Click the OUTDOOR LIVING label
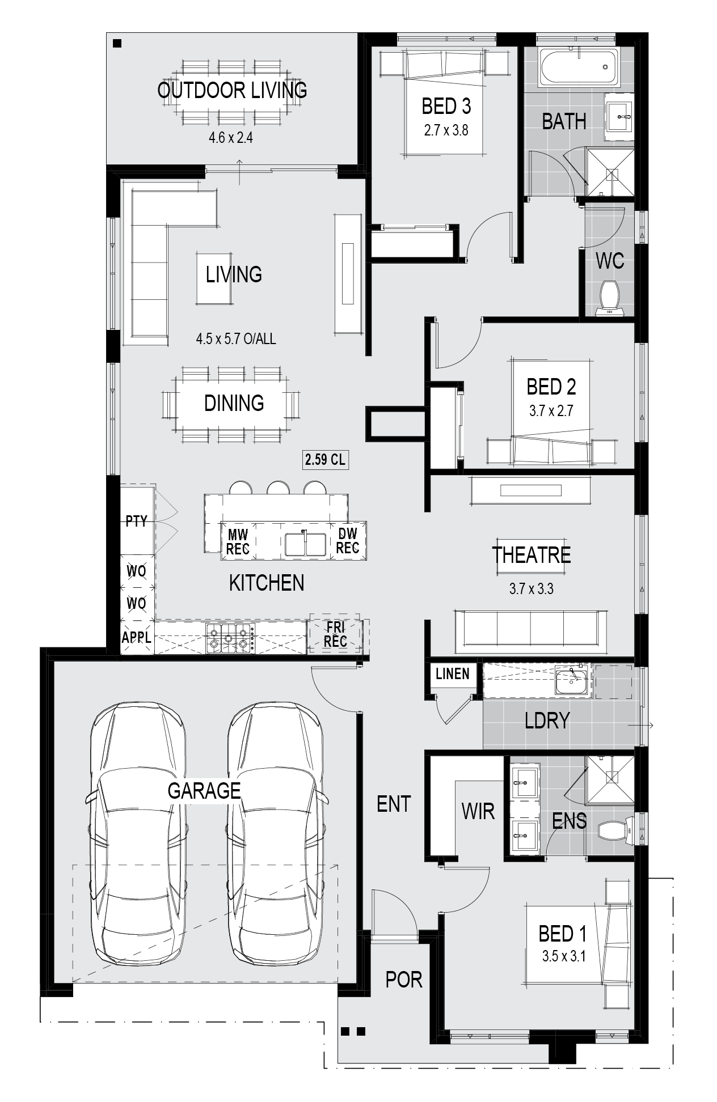[232, 90]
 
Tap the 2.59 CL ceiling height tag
[325, 459]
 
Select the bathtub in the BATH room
[577, 68]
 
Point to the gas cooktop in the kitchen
[229, 637]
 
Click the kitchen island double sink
[305, 544]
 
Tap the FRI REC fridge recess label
[335, 634]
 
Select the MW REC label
[238, 542]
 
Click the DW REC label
[348, 541]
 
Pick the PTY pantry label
[136, 521]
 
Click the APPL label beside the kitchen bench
[137, 637]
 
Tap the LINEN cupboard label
[453, 673]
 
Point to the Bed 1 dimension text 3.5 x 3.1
[563, 956]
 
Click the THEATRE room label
[532, 555]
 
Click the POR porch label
[404, 979]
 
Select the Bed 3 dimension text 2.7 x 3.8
[446, 130]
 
